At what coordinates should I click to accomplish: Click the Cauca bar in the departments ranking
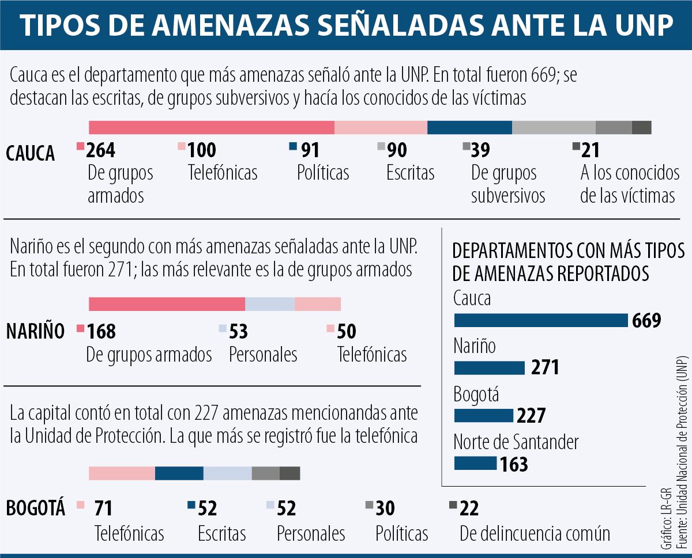coord(540,320)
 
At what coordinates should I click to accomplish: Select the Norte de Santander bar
coord(475,463)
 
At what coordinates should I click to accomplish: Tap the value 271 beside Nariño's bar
coord(545,367)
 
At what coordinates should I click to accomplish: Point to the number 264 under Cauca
coord(101,150)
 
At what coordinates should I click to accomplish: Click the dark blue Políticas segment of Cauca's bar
coord(469,128)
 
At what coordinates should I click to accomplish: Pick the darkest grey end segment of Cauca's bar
coord(641,128)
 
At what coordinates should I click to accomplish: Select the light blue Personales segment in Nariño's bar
coord(270,304)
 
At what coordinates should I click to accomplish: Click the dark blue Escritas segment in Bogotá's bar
coord(179,473)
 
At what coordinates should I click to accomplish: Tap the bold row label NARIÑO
coord(35,332)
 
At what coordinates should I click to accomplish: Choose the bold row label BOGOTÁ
coord(35,508)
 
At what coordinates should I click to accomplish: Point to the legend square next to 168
coord(80,329)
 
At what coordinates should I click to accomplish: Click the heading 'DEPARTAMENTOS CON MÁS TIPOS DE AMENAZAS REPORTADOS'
coord(569,261)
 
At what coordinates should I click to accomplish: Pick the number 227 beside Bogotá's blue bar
coord(531,415)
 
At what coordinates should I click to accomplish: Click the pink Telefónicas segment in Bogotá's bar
coord(122,473)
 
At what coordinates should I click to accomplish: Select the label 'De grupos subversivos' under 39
coord(507,184)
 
